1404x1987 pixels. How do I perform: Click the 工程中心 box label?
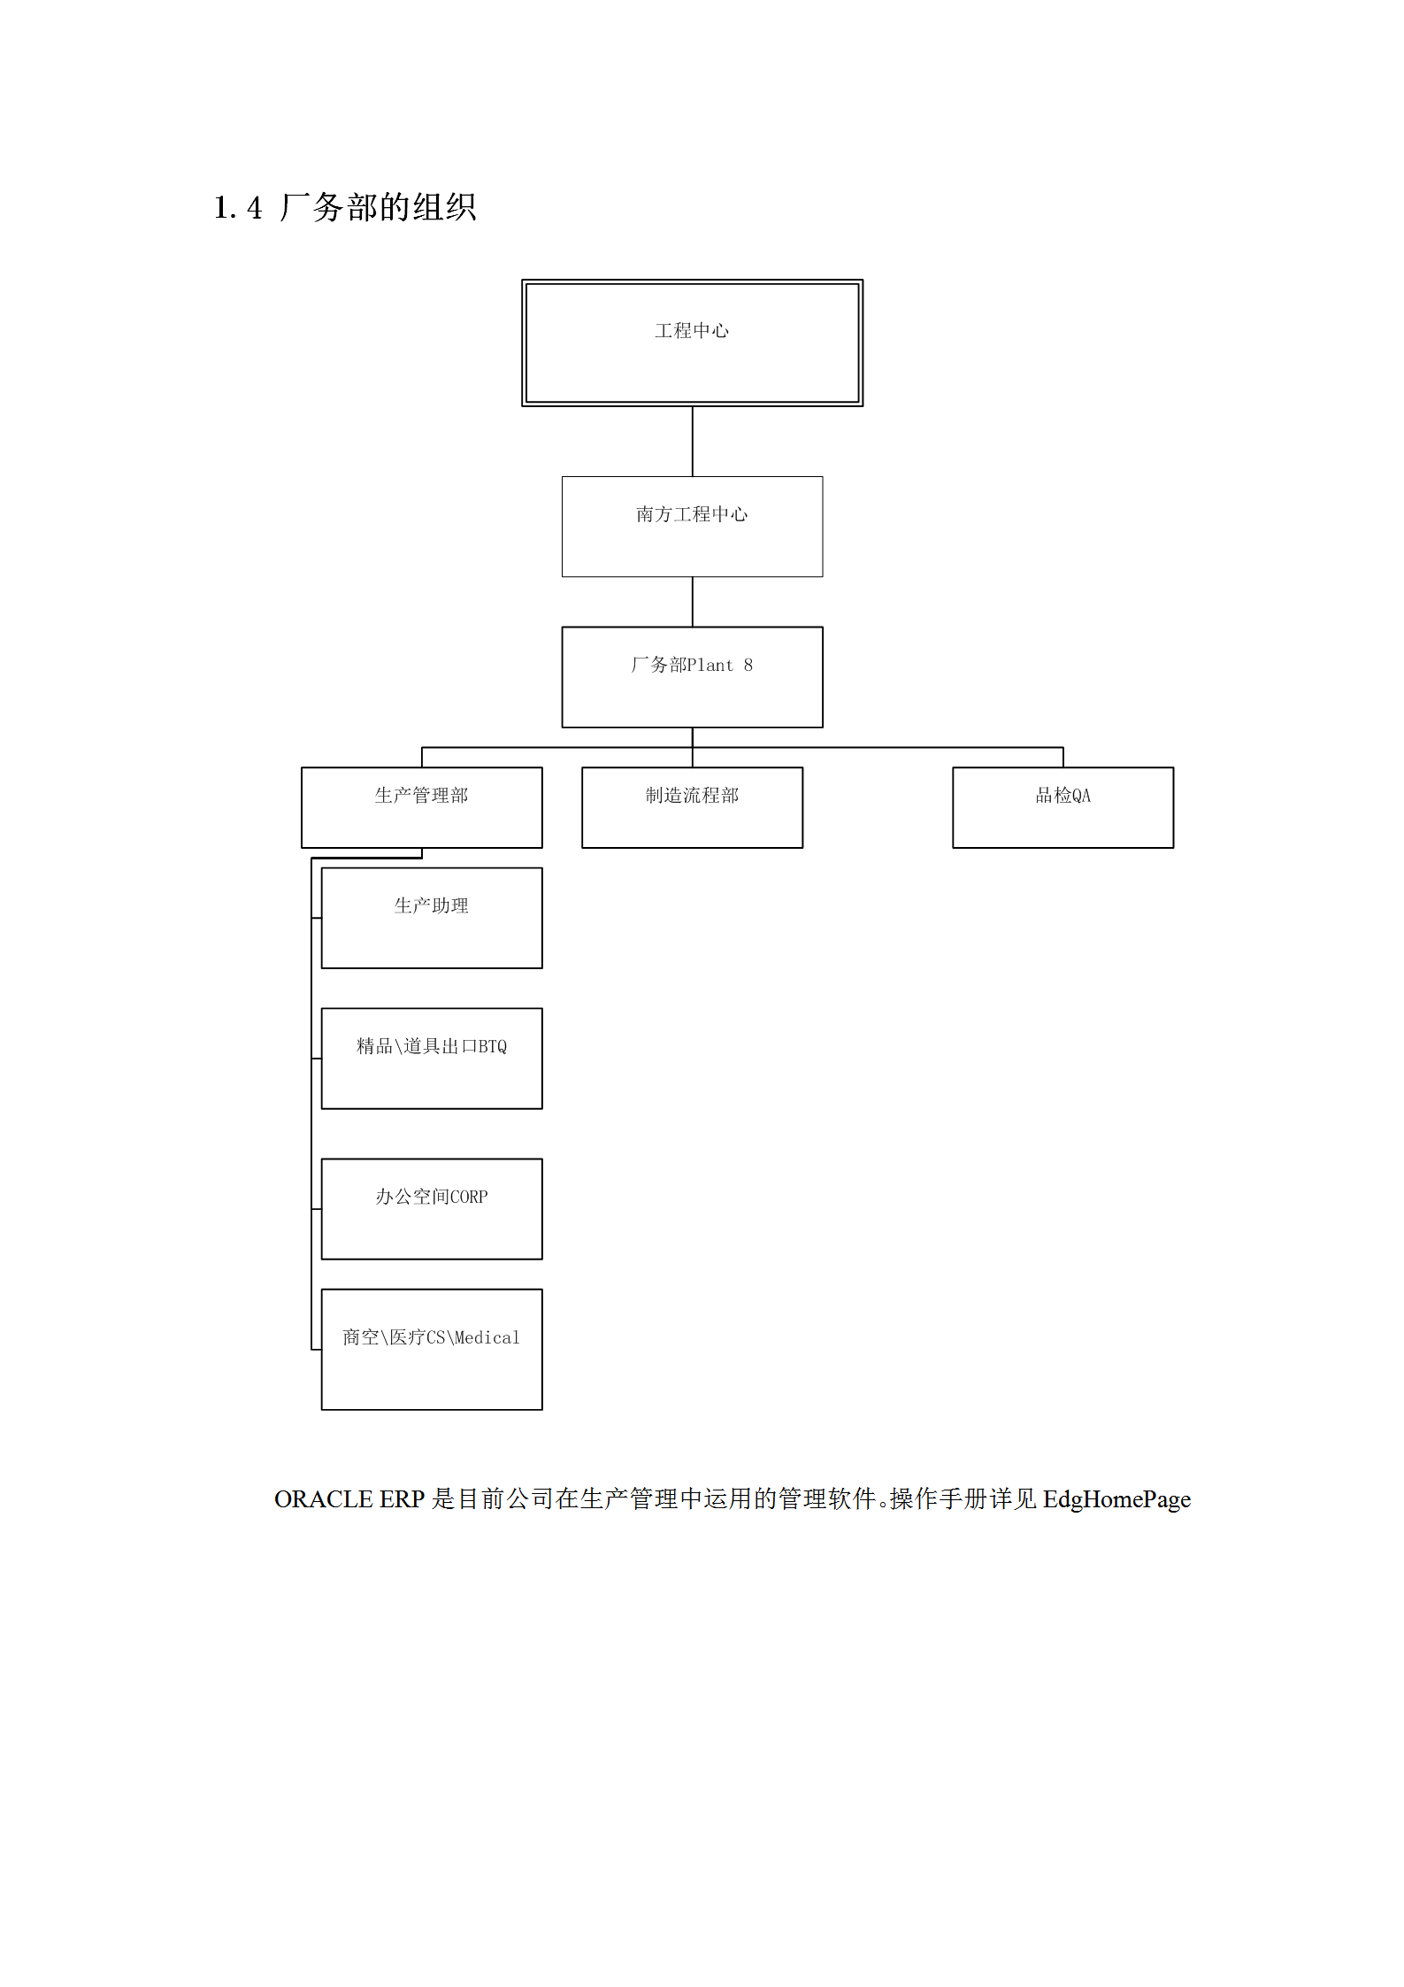[692, 331]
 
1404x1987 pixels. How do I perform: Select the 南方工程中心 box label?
[692, 514]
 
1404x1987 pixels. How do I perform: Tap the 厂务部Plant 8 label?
[692, 665]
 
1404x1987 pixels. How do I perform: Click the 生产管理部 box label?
[421, 795]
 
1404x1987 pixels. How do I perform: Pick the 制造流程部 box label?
[692, 795]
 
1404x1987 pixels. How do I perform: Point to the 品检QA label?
[1063, 795]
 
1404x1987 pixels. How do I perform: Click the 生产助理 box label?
[431, 905]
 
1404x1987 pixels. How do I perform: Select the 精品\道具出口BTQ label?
[432, 1046]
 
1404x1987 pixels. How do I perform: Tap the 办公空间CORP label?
[432, 1197]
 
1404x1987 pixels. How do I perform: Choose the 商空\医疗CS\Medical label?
[431, 1337]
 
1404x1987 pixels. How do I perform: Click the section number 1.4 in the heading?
[238, 208]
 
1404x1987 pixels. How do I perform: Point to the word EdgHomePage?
[1116, 1499]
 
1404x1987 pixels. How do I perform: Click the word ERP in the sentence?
[403, 1499]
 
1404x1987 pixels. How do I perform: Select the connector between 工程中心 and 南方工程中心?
[693, 442]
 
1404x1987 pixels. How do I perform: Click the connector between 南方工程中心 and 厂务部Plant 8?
[693, 602]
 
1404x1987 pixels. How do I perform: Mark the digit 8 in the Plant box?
[748, 665]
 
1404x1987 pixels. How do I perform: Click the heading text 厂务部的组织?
[378, 208]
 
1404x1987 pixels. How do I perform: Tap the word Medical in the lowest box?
[487, 1337]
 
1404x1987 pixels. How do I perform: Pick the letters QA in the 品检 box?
[1081, 796]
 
